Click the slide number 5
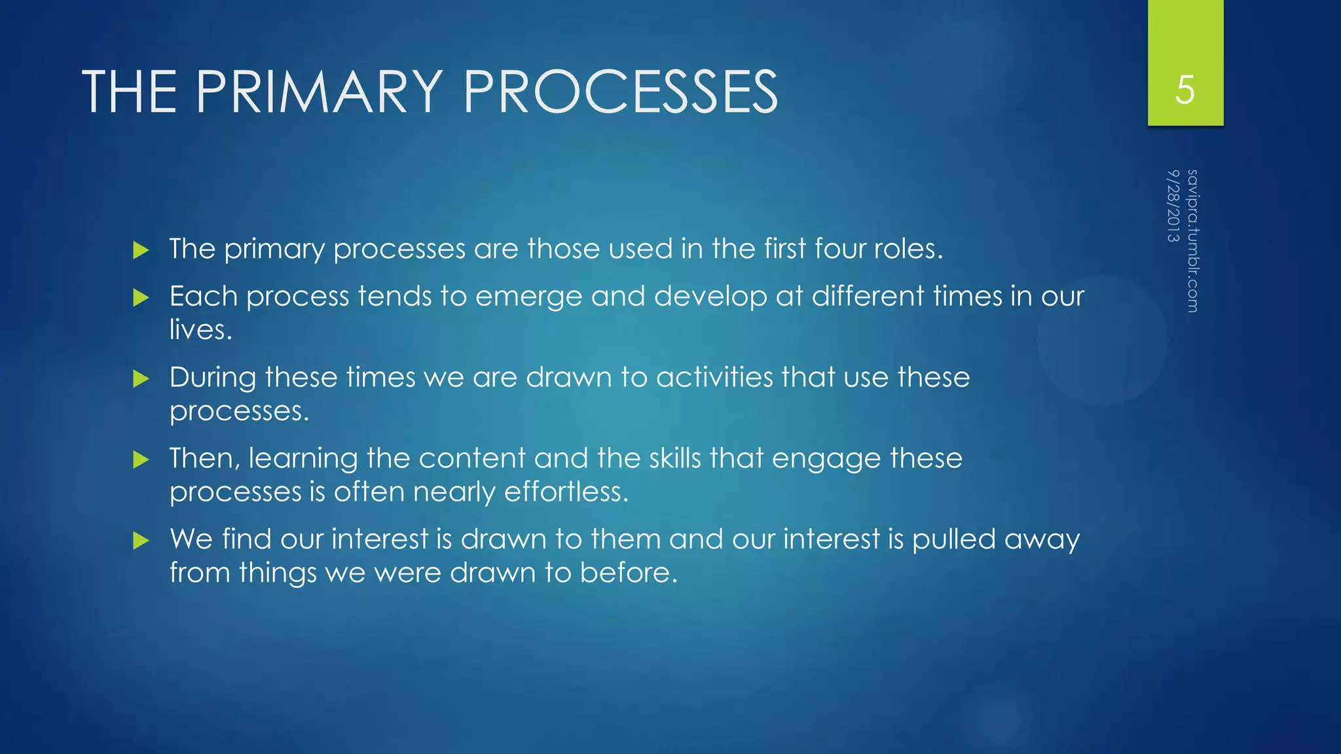[1185, 90]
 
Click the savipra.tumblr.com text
[1192, 241]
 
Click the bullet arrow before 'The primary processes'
[141, 250]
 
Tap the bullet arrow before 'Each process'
[141, 298]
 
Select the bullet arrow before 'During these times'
[141, 379]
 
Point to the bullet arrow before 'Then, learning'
[141, 460]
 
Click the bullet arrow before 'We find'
[141, 541]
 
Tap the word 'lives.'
[200, 330]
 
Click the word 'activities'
[714, 378]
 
